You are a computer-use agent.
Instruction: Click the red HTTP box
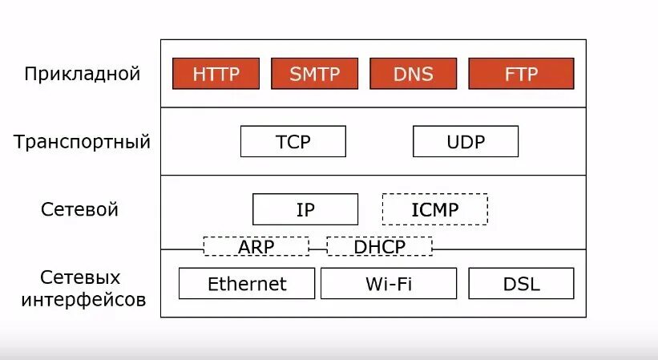tap(216, 74)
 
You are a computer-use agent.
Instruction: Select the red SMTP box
tap(315, 74)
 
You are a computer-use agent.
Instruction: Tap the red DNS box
tap(414, 74)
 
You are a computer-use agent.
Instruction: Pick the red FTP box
tap(521, 74)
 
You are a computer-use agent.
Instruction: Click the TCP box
tap(293, 142)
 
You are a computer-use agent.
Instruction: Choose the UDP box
tap(466, 142)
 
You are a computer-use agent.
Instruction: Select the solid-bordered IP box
tap(305, 209)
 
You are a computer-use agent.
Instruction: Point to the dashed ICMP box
tap(434, 209)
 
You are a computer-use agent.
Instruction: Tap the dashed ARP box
tap(256, 246)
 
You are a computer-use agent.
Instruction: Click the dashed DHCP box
tap(379, 246)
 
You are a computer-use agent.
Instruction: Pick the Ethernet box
tap(246, 284)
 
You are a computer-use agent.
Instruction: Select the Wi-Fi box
tap(389, 284)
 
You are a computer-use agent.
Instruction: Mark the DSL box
tap(521, 284)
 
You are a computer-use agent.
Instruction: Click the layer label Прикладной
tap(82, 75)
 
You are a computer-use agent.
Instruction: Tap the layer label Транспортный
tap(82, 143)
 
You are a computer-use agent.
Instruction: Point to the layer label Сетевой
tap(79, 210)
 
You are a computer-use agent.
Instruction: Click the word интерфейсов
tap(83, 301)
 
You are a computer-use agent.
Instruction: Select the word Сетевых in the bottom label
tap(80, 278)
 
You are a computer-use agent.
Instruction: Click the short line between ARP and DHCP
tap(318, 249)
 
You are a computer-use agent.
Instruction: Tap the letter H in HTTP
tap(200, 75)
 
